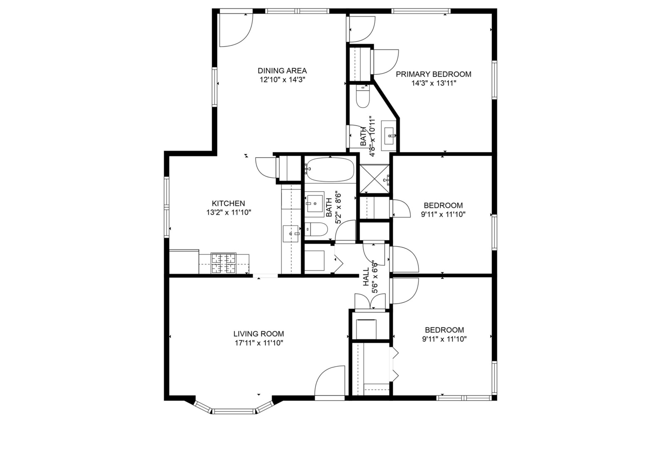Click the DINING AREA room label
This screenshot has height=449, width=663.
click(282, 71)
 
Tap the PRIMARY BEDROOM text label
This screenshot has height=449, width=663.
click(433, 74)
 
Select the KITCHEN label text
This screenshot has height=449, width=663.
click(228, 204)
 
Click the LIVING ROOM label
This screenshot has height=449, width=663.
click(258, 334)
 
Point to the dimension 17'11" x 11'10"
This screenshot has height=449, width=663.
click(258, 343)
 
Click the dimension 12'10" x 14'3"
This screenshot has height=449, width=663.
click(282, 80)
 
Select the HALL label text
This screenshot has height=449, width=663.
click(366, 277)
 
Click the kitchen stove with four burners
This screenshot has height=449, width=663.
click(223, 264)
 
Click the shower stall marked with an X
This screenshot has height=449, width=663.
click(374, 179)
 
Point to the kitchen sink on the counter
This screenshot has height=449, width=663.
click(291, 234)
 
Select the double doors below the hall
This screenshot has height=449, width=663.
click(370, 301)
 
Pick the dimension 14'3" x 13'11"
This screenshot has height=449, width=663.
click(433, 83)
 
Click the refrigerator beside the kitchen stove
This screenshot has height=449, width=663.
click(184, 262)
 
